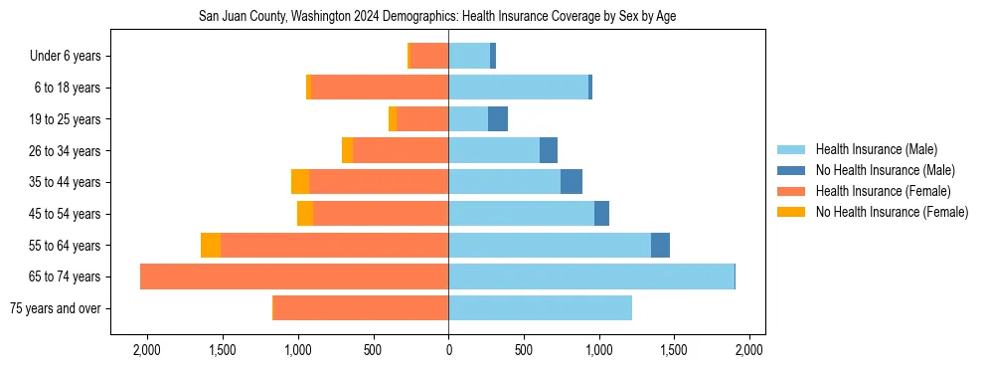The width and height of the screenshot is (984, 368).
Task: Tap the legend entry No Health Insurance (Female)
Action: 892,212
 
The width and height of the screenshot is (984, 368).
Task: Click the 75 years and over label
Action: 55,308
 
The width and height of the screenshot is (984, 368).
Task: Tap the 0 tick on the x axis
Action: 448,350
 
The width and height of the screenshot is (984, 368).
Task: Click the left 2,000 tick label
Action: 147,350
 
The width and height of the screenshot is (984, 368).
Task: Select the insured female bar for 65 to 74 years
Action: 294,276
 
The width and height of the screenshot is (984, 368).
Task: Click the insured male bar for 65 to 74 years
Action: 591,276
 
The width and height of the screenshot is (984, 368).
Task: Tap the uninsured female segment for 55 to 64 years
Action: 211,246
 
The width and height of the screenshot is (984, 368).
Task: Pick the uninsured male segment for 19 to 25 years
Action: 498,119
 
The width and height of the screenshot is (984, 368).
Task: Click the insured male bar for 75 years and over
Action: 540,308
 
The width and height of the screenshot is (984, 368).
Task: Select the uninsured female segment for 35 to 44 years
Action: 300,182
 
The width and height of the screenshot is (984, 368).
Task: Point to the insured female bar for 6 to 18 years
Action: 380,88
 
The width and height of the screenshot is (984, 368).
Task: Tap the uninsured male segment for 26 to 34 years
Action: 549,151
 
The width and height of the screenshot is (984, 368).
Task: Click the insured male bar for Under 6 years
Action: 469,57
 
